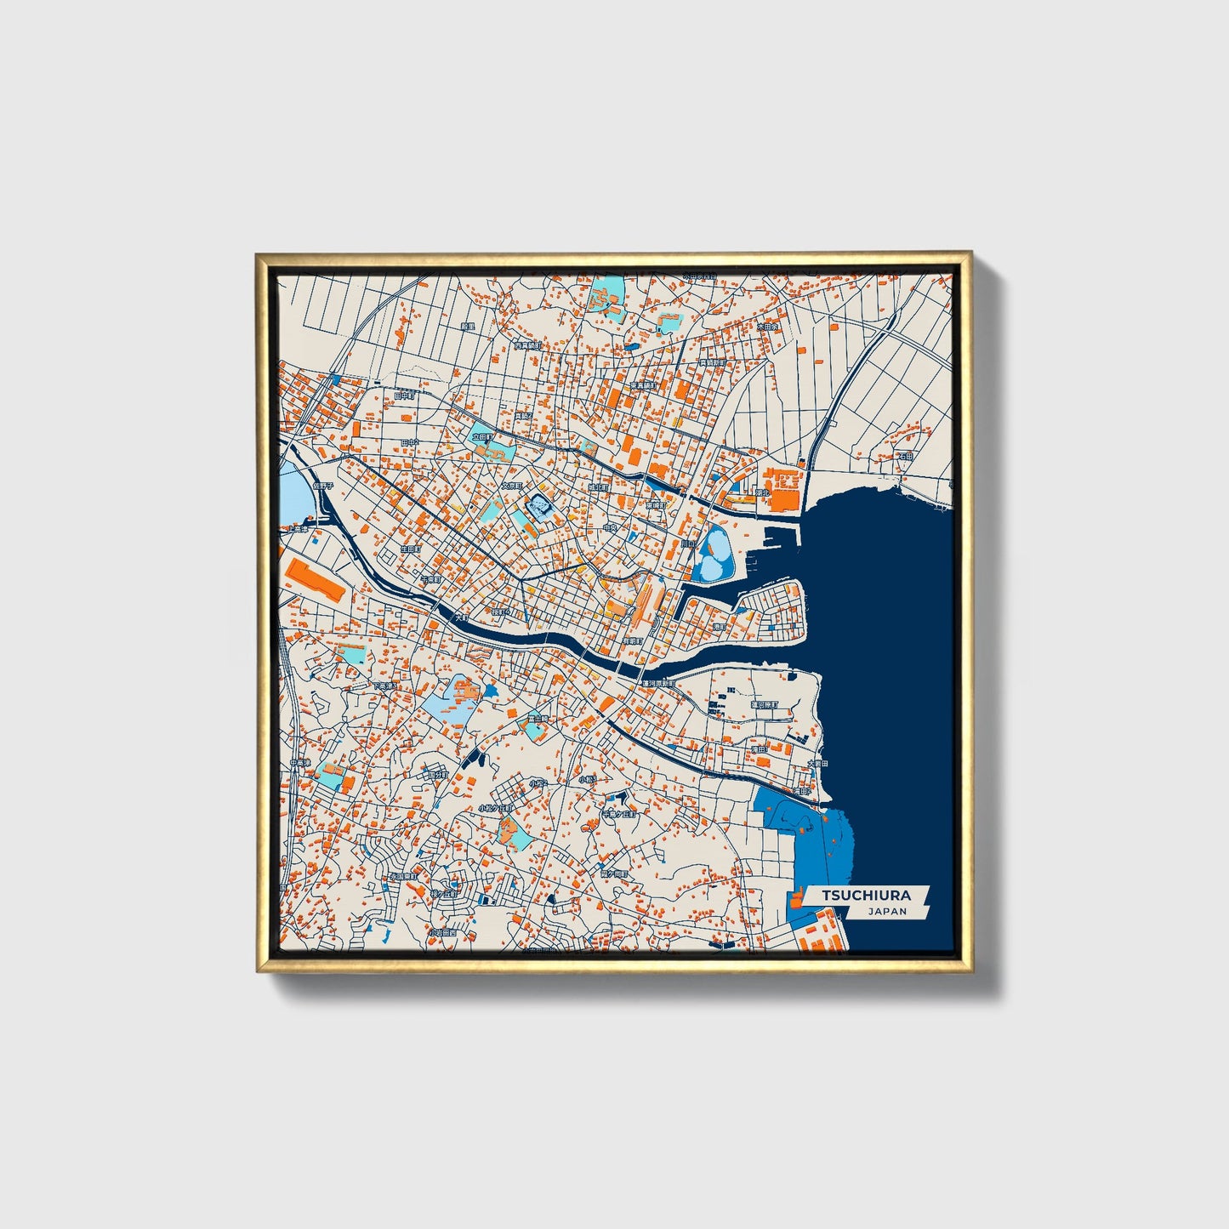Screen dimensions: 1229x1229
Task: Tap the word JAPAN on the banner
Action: (x=887, y=911)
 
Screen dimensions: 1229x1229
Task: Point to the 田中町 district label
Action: (x=406, y=395)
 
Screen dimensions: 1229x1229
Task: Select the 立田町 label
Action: (x=482, y=437)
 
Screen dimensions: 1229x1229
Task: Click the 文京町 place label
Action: (x=510, y=486)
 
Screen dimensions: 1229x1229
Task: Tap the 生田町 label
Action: (x=411, y=549)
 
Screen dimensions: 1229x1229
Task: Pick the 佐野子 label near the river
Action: (x=324, y=486)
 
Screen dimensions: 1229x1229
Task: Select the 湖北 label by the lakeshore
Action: (x=760, y=492)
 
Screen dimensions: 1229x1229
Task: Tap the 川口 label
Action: (x=687, y=543)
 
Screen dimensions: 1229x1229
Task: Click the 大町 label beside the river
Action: (x=462, y=617)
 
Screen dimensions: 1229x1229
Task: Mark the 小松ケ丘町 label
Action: (x=495, y=808)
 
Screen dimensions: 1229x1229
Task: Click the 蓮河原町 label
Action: (x=657, y=683)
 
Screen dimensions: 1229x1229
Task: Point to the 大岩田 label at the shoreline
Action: (x=816, y=763)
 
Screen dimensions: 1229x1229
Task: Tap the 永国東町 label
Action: (x=401, y=875)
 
